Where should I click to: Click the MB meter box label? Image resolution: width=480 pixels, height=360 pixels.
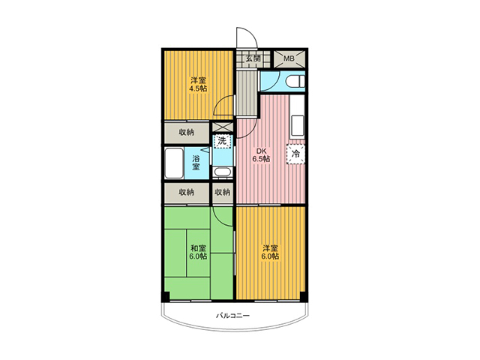click(x=288, y=58)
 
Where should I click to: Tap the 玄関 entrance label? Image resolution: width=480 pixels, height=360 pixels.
click(x=253, y=58)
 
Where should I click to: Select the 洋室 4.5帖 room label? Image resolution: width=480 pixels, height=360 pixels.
click(x=198, y=85)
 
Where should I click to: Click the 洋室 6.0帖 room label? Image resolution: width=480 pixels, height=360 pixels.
click(x=270, y=252)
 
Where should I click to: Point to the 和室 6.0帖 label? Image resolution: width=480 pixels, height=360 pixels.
click(x=198, y=252)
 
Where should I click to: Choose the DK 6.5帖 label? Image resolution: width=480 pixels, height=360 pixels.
click(x=261, y=155)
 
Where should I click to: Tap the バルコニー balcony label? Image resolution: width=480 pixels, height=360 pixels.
click(x=233, y=315)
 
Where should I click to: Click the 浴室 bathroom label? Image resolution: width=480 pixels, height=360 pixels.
click(x=196, y=163)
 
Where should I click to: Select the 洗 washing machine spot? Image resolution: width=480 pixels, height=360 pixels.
click(x=222, y=141)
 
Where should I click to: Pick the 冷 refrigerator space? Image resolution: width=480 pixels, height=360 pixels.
click(x=295, y=154)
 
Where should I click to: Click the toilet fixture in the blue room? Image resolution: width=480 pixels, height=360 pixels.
click(x=295, y=82)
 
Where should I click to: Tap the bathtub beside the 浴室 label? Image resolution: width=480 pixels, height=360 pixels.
click(x=174, y=163)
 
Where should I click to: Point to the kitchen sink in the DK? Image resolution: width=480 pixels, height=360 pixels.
click(x=298, y=125)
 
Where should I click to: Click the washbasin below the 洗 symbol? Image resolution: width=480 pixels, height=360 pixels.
click(x=222, y=172)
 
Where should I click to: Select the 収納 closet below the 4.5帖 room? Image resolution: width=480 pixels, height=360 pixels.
click(x=187, y=132)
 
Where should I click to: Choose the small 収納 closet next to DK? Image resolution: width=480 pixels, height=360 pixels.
click(x=223, y=193)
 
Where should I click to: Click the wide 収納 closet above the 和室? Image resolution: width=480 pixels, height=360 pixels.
click(x=187, y=193)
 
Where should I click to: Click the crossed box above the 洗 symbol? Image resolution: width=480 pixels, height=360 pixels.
click(x=223, y=127)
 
